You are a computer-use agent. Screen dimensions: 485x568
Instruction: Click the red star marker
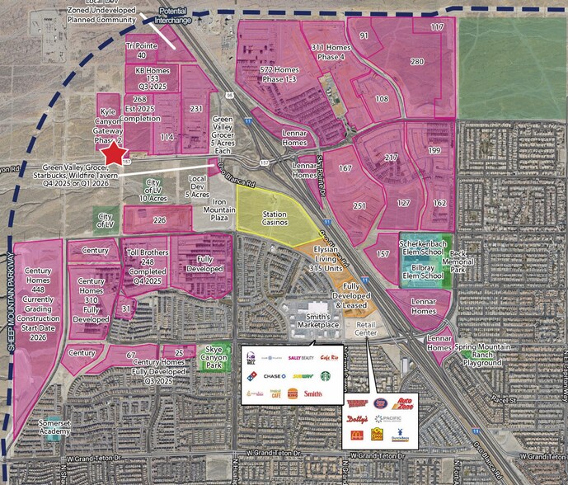point(114,153)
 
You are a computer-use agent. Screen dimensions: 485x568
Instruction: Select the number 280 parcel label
point(417,62)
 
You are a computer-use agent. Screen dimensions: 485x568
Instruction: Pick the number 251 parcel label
point(359,205)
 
